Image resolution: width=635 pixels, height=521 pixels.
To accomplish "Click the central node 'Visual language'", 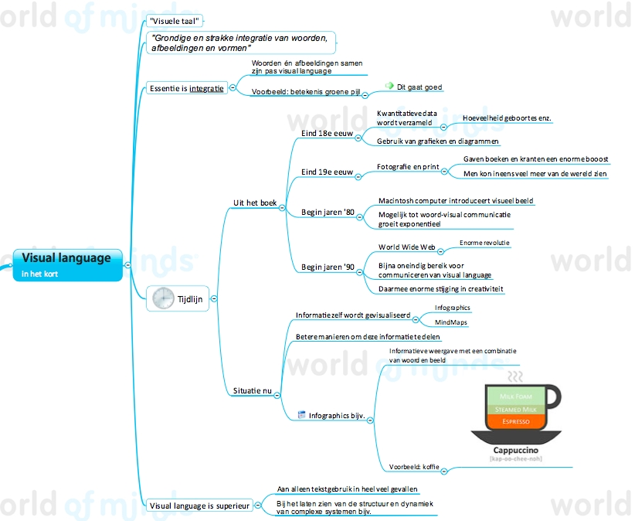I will pyautogui.click(x=66, y=258).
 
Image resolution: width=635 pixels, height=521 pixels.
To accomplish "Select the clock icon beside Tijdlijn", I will pyautogui.click(x=163, y=298).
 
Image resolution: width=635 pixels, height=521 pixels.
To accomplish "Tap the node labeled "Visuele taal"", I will pyautogui.click(x=175, y=21).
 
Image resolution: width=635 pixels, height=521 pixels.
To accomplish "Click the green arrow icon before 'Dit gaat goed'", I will pyautogui.click(x=389, y=87).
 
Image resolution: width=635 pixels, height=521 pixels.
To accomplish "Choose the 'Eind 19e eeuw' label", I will pyautogui.click(x=327, y=172).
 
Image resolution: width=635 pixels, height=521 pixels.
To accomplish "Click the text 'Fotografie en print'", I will pyautogui.click(x=408, y=167).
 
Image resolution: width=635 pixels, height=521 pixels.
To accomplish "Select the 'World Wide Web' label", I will pyautogui.click(x=407, y=247).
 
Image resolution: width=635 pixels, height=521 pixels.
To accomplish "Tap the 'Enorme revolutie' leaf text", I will pyautogui.click(x=484, y=243).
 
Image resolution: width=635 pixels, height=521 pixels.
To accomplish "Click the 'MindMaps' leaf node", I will pyautogui.click(x=450, y=322).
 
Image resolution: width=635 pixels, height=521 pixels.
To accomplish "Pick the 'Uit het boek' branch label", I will pyautogui.click(x=254, y=203).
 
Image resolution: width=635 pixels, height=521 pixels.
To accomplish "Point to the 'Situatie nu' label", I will pyautogui.click(x=253, y=392).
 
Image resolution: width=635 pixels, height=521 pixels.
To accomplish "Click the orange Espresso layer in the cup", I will pyautogui.click(x=515, y=421).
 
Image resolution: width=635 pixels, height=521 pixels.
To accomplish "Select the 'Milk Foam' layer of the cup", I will pyautogui.click(x=515, y=397).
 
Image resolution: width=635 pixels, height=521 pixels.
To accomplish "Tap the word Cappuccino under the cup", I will pyautogui.click(x=516, y=449).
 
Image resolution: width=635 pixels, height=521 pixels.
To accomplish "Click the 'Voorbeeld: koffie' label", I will pyautogui.click(x=414, y=467).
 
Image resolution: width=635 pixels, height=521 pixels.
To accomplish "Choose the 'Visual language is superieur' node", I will pyautogui.click(x=199, y=506).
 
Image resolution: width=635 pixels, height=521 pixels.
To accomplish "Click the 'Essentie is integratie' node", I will pyautogui.click(x=186, y=88).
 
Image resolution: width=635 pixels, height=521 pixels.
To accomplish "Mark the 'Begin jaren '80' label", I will pyautogui.click(x=328, y=212).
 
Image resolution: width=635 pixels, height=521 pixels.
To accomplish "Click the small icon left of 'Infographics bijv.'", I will pyautogui.click(x=301, y=414).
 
